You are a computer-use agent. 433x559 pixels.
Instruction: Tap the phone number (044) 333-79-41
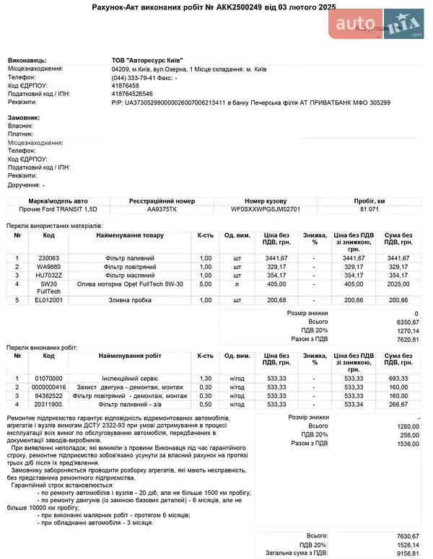[134, 77]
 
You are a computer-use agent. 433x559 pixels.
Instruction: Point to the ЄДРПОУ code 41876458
[126, 85]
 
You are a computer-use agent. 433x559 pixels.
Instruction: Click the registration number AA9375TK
[162, 209]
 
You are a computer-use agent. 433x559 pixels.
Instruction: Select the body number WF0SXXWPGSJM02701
[266, 209]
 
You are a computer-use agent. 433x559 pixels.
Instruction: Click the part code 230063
[48, 258]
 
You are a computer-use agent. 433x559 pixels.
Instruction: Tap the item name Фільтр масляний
[130, 275]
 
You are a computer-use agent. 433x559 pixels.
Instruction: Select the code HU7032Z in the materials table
[49, 275]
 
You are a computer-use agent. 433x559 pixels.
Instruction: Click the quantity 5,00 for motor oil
[205, 284]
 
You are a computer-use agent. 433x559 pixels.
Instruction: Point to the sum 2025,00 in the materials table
[398, 284]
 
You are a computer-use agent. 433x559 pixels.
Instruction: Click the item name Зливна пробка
[130, 299]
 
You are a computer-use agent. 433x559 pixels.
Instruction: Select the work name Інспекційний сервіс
[130, 378]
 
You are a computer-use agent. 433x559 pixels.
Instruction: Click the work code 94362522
[49, 395]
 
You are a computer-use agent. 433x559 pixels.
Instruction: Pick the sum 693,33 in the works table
[398, 378]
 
